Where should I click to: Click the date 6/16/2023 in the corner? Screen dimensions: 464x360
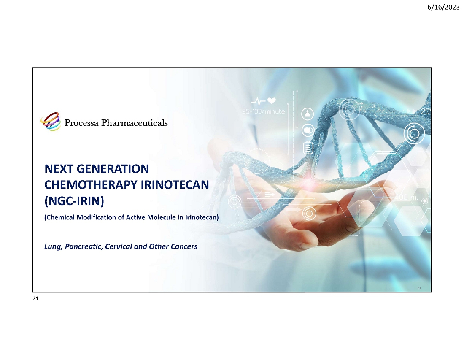(443, 7)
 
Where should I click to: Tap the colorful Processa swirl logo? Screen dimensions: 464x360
(51, 122)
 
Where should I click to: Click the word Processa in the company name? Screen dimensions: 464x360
(81, 122)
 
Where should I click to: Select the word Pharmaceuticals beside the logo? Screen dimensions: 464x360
(134, 122)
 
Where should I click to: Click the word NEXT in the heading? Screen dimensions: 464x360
(59, 169)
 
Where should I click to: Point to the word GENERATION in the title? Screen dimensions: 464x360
(113, 169)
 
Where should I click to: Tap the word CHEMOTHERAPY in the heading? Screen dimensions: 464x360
(91, 185)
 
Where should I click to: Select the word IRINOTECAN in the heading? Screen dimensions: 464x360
(175, 185)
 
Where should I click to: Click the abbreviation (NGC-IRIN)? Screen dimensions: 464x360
(74, 201)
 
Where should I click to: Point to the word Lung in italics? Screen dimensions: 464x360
(53, 246)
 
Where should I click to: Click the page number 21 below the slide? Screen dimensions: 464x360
(35, 299)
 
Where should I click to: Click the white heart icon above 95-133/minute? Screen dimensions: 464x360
(272, 101)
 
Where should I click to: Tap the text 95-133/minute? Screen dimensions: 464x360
(263, 111)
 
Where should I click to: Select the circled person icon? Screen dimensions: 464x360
(308, 114)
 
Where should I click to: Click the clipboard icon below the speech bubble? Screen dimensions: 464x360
(308, 147)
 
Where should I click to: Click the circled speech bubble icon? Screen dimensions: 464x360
(308, 130)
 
